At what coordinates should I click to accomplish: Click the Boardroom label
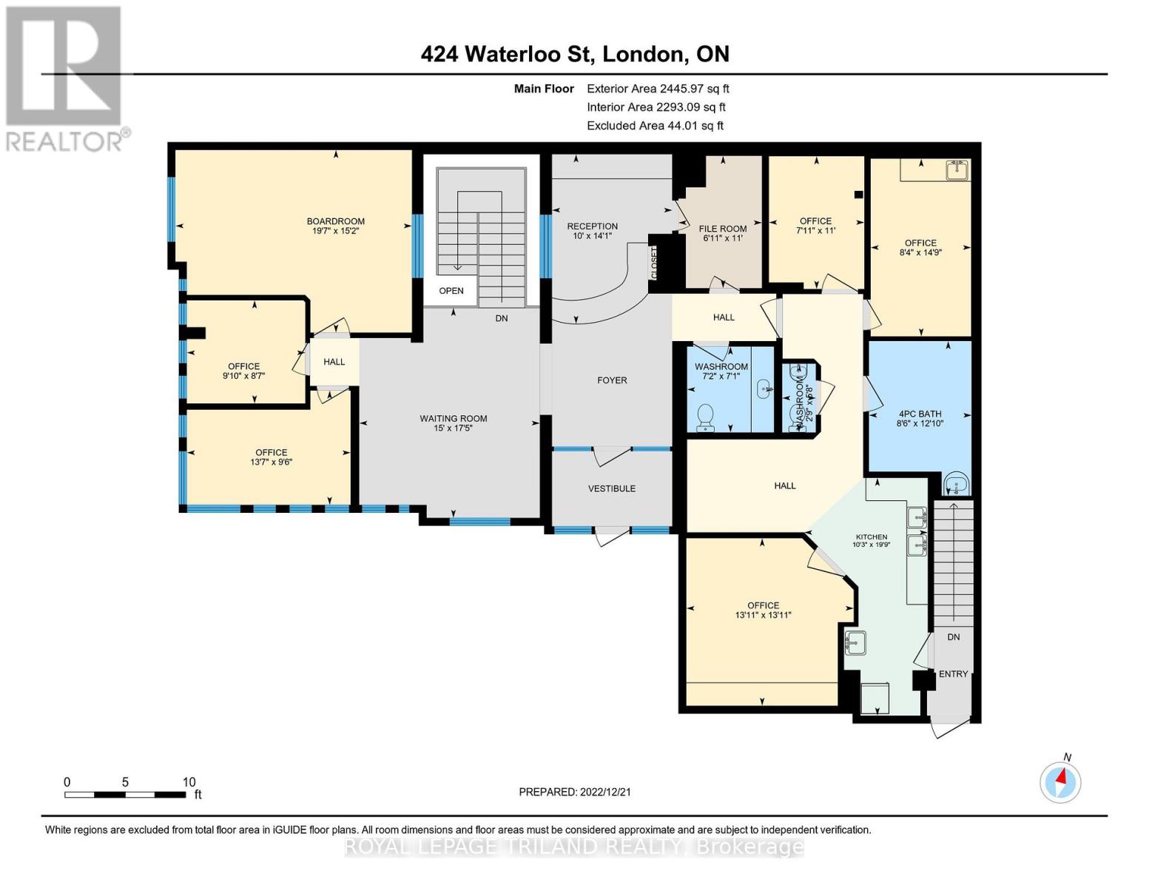[x=336, y=221]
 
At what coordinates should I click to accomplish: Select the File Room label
[x=723, y=229]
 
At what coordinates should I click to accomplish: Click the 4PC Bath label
[x=920, y=414]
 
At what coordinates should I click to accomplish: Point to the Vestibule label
[x=612, y=488]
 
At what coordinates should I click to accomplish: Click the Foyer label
[x=612, y=380]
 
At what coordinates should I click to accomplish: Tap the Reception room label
[x=592, y=226]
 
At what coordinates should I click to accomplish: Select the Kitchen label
[x=872, y=537]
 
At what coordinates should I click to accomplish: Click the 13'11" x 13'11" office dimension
[x=763, y=615]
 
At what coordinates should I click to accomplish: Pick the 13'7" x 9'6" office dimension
[x=272, y=462]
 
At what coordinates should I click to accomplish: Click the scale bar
[x=125, y=795]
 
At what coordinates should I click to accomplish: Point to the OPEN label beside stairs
[x=451, y=291]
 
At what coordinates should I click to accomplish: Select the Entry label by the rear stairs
[x=953, y=674]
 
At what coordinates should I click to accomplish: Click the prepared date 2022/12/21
[x=574, y=792]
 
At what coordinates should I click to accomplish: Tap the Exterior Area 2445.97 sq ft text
[x=658, y=89]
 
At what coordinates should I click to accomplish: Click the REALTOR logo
[x=65, y=78]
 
